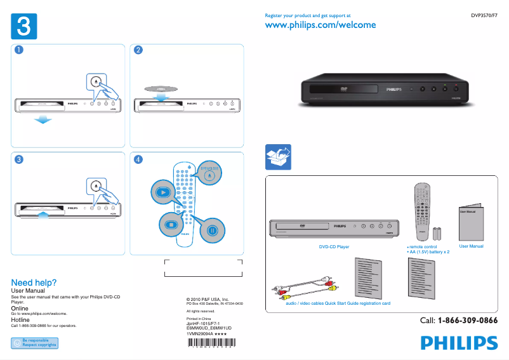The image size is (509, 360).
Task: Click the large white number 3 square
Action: (23, 27)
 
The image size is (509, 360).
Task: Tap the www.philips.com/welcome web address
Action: (320, 25)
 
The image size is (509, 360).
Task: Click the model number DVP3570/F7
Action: (484, 15)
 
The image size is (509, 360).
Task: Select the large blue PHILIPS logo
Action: (459, 343)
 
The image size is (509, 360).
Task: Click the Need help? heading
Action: (34, 283)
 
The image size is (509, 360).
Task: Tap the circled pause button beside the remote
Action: (213, 230)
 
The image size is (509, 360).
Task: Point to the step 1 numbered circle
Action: (19, 51)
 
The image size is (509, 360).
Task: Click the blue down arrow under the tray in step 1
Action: (42, 119)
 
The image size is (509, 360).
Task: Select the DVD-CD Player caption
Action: (334, 246)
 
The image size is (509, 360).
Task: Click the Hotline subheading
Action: (20, 320)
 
